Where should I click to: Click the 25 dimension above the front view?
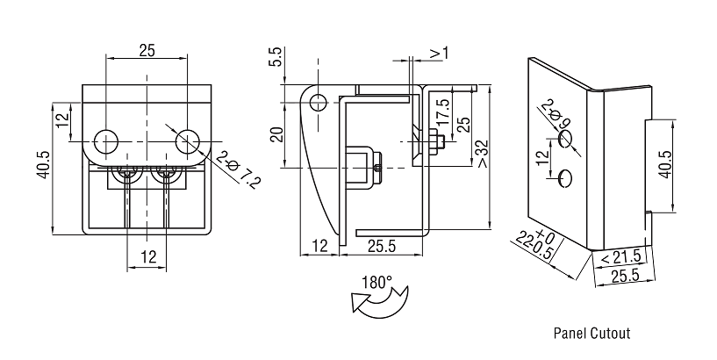pyautogui.click(x=147, y=51)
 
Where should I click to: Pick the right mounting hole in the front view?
pyautogui.click(x=188, y=140)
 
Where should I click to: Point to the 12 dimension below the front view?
pyautogui.click(x=148, y=256)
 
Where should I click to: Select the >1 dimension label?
pyautogui.click(x=439, y=54)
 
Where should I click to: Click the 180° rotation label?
pyautogui.click(x=376, y=284)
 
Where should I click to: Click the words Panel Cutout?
pyautogui.click(x=592, y=334)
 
